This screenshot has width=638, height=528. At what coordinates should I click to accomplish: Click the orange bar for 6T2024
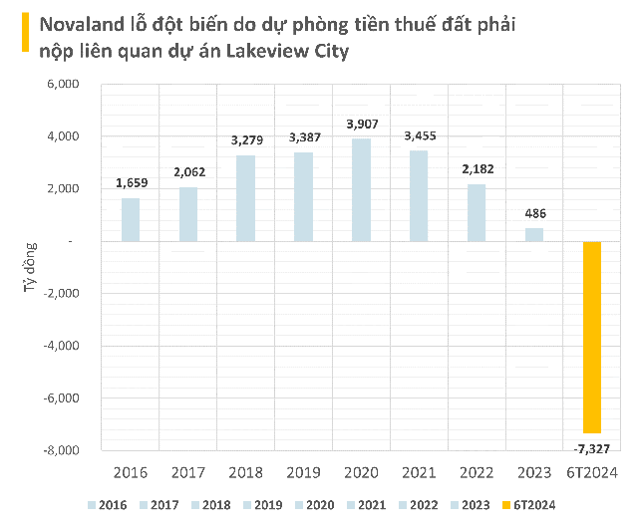tap(592, 337)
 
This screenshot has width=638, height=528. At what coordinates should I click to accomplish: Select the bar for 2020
tap(361, 190)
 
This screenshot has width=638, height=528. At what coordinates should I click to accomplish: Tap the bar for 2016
tap(131, 219)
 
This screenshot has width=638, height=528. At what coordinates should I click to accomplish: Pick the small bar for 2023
tap(534, 234)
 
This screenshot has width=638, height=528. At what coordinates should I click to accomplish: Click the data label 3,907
tap(361, 125)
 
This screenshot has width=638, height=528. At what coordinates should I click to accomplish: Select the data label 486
tap(535, 213)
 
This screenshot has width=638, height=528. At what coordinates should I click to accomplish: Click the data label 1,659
tap(132, 182)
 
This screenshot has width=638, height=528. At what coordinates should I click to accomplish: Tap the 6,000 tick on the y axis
tap(62, 85)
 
